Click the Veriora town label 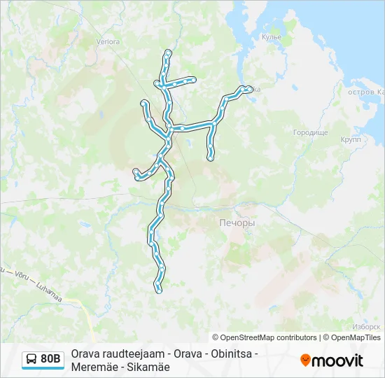(x=108, y=42)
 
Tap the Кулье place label (x=271, y=36)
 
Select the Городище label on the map (x=310, y=132)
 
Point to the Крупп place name (x=350, y=140)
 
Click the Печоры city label (x=232, y=223)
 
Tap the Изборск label (x=366, y=327)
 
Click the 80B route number (x=50, y=359)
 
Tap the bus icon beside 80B (x=32, y=359)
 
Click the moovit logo (x=332, y=360)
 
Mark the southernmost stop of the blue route (x=158, y=288)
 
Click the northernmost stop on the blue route (x=168, y=52)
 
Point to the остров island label (x=363, y=92)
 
